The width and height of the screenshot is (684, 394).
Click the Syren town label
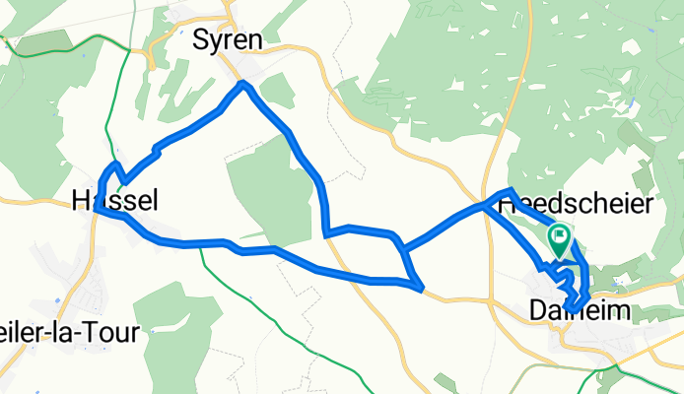229,40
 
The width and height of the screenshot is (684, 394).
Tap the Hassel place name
115,200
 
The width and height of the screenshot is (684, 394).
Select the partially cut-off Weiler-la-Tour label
69,330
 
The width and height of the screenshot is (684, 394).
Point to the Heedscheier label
577,205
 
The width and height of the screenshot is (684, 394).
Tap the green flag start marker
559,239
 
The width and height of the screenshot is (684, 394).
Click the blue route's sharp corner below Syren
243,86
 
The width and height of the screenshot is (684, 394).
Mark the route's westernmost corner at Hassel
96,209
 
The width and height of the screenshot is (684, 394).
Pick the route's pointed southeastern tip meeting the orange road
422,289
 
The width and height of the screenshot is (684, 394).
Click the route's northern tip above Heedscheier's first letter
510,189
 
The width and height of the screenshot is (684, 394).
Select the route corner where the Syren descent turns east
326,235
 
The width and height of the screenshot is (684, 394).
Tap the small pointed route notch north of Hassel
116,164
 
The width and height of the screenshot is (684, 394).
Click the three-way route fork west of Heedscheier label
484,207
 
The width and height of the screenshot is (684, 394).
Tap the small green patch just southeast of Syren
278,92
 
